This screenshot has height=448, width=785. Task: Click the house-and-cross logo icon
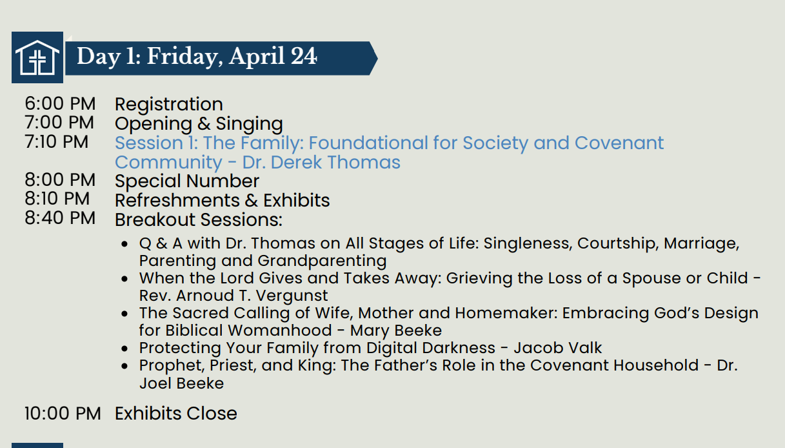point(37,57)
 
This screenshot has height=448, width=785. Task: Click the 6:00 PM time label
point(60,103)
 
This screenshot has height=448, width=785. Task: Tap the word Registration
point(169,104)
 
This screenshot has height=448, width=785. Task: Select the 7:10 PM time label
point(56,142)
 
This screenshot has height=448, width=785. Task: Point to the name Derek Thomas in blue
point(335,162)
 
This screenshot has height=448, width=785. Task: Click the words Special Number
point(187,181)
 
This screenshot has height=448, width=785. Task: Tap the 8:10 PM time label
point(57,199)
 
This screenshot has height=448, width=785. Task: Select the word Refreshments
point(177,200)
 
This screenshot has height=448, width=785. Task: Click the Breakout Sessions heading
point(199,219)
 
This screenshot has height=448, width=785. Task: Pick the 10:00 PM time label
point(63,413)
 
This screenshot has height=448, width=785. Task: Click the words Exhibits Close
point(176,413)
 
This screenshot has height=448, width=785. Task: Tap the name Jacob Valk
point(558,348)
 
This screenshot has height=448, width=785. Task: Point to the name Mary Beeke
point(396,331)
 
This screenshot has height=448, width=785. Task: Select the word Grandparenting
point(322,261)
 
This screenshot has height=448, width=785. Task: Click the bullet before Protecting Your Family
point(124,349)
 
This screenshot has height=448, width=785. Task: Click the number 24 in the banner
point(304,56)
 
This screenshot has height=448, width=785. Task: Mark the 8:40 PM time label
point(60,218)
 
